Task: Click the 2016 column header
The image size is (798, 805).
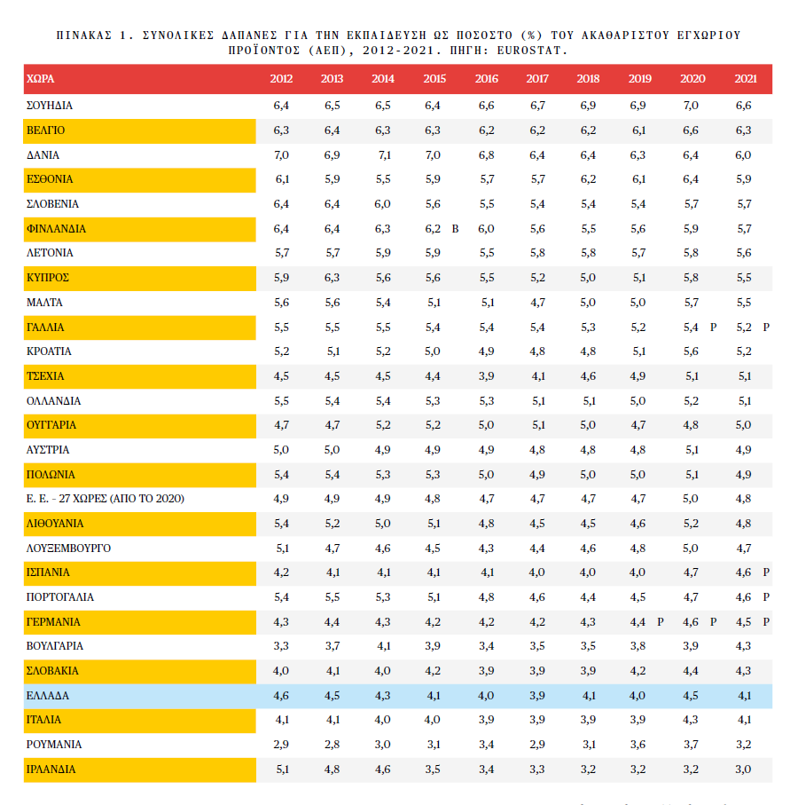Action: click(x=487, y=79)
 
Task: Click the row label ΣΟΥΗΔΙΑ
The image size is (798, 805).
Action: click(x=50, y=106)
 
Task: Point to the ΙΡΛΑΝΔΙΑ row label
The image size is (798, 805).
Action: click(x=51, y=769)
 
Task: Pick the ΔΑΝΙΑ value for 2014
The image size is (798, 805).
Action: click(x=384, y=155)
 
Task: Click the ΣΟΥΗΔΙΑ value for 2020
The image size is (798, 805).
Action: click(x=692, y=106)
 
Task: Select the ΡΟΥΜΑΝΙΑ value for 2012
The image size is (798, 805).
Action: click(x=282, y=745)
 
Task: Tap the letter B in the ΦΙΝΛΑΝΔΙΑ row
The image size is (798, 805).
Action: click(x=456, y=229)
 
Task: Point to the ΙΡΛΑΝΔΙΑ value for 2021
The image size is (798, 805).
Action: click(x=744, y=769)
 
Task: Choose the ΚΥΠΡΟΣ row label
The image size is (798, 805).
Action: click(x=48, y=278)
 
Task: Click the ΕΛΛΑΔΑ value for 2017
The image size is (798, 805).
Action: click(x=537, y=696)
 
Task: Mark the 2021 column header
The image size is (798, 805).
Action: click(x=746, y=79)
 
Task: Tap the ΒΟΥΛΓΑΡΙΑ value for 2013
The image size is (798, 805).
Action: click(x=332, y=646)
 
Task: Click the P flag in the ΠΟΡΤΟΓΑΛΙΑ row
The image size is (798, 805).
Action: click(x=766, y=597)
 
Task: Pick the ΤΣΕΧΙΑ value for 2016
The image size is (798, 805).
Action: click(x=487, y=376)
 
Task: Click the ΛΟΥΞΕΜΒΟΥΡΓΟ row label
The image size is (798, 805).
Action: click(x=69, y=549)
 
